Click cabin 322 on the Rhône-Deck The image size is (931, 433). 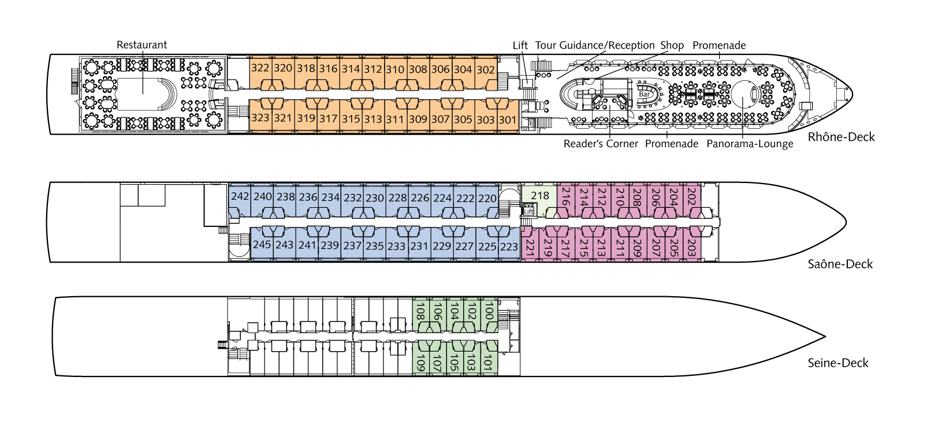(260, 68)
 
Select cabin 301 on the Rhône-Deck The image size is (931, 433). (508, 120)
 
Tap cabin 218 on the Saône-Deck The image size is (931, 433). (540, 196)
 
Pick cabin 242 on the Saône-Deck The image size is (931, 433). (240, 196)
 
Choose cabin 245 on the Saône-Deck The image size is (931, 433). (262, 245)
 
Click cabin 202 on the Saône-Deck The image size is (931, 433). (691, 197)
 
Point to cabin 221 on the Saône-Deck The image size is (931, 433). (530, 248)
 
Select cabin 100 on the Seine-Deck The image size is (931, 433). (489, 312)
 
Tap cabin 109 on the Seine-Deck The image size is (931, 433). (420, 363)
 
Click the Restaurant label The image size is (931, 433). (141, 45)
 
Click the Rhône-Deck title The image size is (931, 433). (841, 137)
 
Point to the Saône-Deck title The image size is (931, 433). (840, 264)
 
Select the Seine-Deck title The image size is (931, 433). (837, 363)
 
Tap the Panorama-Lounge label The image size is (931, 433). (750, 144)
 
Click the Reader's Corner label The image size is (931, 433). (601, 144)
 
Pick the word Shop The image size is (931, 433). (672, 46)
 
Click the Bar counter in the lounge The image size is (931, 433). (645, 94)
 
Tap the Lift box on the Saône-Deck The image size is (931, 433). (528, 211)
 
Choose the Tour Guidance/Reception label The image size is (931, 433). (595, 46)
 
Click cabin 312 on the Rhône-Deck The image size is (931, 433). (373, 69)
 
